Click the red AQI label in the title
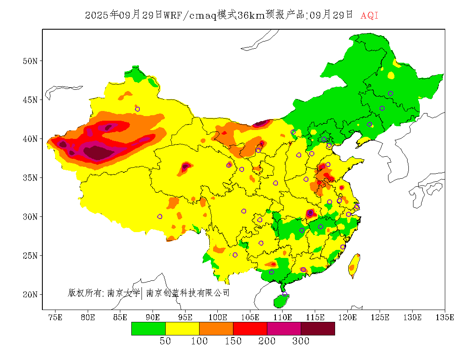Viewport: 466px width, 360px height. (x=369, y=15)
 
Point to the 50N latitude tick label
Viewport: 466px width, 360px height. (x=30, y=61)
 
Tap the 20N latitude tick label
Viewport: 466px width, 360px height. (x=30, y=294)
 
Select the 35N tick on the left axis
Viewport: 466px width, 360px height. (x=30, y=177)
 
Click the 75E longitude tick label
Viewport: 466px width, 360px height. (x=55, y=317)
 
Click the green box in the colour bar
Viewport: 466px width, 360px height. (x=148, y=329)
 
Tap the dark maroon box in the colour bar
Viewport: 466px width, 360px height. (x=318, y=329)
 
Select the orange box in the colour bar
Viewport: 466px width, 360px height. (x=216, y=329)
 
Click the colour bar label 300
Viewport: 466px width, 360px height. (x=301, y=341)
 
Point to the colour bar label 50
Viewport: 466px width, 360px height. (x=165, y=341)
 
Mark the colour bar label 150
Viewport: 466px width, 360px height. (x=233, y=341)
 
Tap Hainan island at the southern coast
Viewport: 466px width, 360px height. (x=281, y=301)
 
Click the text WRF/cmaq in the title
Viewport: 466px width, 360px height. (x=189, y=15)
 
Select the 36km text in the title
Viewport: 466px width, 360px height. (x=251, y=15)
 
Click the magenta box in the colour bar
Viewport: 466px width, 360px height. (x=284, y=329)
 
